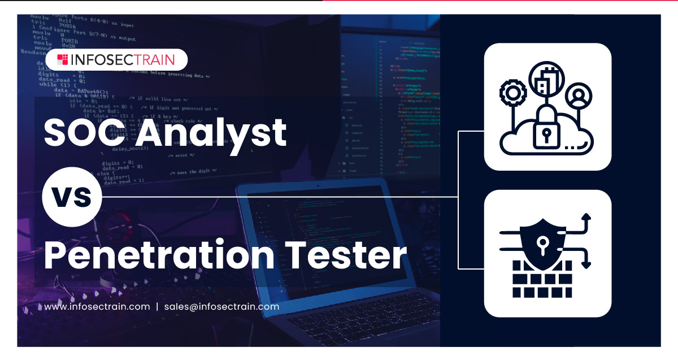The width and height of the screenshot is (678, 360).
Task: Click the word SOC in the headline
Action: [x=84, y=132]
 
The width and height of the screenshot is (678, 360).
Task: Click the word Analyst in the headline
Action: [x=211, y=136]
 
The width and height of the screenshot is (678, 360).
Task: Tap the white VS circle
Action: [x=72, y=197]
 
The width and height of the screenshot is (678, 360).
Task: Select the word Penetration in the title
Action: [x=159, y=254]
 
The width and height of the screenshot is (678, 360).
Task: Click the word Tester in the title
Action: [x=346, y=255]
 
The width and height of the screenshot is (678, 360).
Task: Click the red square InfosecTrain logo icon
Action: [x=62, y=59]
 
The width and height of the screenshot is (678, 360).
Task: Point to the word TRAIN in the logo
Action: [x=154, y=60]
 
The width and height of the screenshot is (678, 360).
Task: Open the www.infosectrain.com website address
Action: [x=97, y=307]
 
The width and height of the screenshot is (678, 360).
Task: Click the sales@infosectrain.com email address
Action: [x=221, y=307]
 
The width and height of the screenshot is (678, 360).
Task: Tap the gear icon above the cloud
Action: [x=513, y=93]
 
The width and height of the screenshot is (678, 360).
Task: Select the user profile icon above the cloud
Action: [x=579, y=96]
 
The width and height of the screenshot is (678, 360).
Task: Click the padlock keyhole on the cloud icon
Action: [x=546, y=135]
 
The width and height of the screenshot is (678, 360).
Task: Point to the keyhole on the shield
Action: [x=543, y=245]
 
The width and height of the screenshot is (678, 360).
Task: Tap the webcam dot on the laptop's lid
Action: [x=318, y=185]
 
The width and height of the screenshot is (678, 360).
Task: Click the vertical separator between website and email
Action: [x=157, y=307]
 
